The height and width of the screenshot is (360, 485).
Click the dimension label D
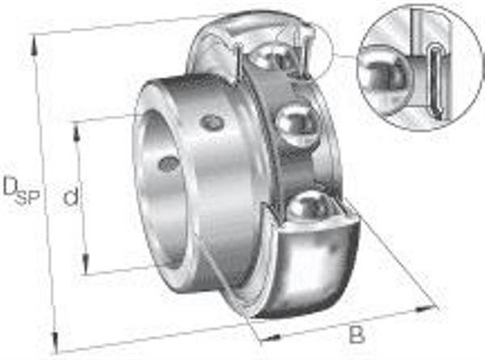(10, 187)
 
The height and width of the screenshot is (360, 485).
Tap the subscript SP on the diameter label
(28, 197)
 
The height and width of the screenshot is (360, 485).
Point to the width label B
(356, 333)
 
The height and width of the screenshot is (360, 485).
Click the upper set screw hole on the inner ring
(212, 122)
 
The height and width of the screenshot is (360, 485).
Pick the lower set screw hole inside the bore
(169, 163)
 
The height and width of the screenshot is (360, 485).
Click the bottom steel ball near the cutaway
(311, 205)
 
